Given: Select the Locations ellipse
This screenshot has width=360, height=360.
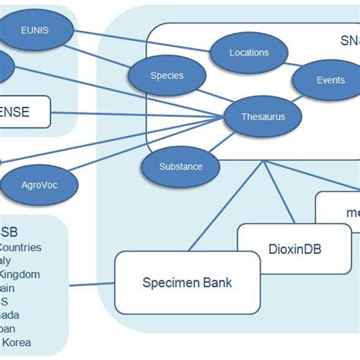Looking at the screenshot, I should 249,53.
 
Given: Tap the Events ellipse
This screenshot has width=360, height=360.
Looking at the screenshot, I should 330,80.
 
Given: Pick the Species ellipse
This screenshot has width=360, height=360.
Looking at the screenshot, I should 167,76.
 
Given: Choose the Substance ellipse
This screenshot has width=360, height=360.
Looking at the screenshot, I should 181,166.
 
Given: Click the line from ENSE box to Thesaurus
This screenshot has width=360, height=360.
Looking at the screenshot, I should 137,115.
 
